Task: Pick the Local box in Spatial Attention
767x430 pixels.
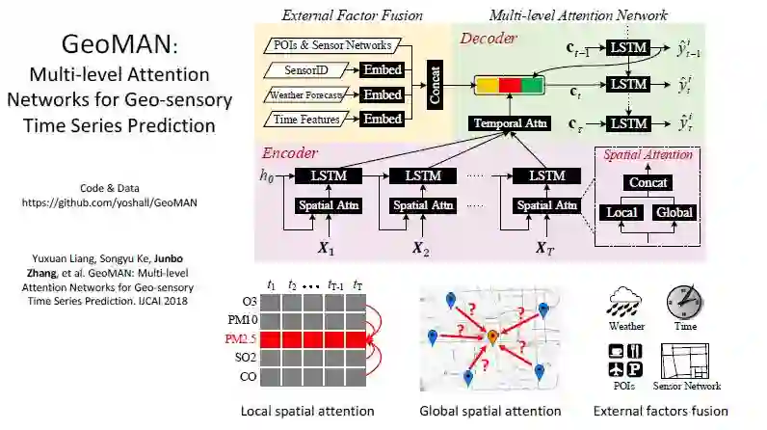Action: click(621, 212)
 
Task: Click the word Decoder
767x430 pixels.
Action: click(489, 39)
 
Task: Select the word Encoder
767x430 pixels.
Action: click(290, 152)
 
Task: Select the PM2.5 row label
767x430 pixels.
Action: click(240, 338)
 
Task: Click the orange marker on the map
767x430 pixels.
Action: click(491, 336)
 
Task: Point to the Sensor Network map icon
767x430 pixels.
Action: click(686, 360)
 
